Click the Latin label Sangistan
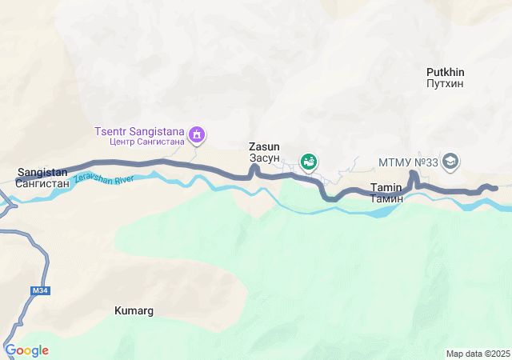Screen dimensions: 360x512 42,172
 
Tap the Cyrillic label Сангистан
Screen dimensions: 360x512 42,183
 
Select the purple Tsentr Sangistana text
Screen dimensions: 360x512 139,131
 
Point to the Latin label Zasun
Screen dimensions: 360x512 264,147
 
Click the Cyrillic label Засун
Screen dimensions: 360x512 264,158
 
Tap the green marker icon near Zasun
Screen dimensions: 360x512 309,162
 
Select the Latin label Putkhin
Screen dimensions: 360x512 446,72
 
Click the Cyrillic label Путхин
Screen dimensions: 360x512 446,83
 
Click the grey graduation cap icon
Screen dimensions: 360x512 450,162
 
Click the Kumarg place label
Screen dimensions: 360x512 134,310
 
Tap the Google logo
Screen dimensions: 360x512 26,350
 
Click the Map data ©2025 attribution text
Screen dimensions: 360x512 478,354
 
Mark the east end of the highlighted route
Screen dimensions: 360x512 494,188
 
